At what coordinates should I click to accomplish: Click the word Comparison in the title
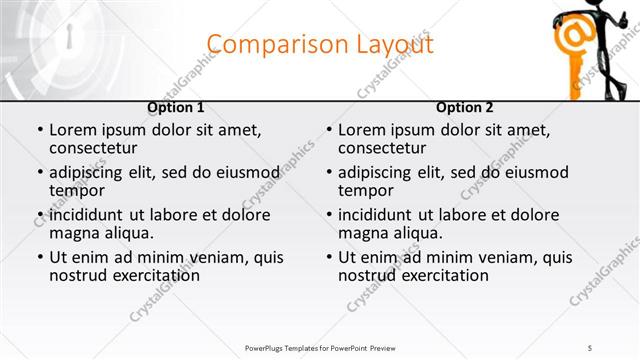268,45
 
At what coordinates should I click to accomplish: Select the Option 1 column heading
176,107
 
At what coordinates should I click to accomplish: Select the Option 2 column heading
465,107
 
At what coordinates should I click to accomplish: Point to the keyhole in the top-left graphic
71,38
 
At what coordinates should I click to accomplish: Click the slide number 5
590,348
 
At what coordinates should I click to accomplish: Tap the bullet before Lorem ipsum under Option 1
40,130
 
